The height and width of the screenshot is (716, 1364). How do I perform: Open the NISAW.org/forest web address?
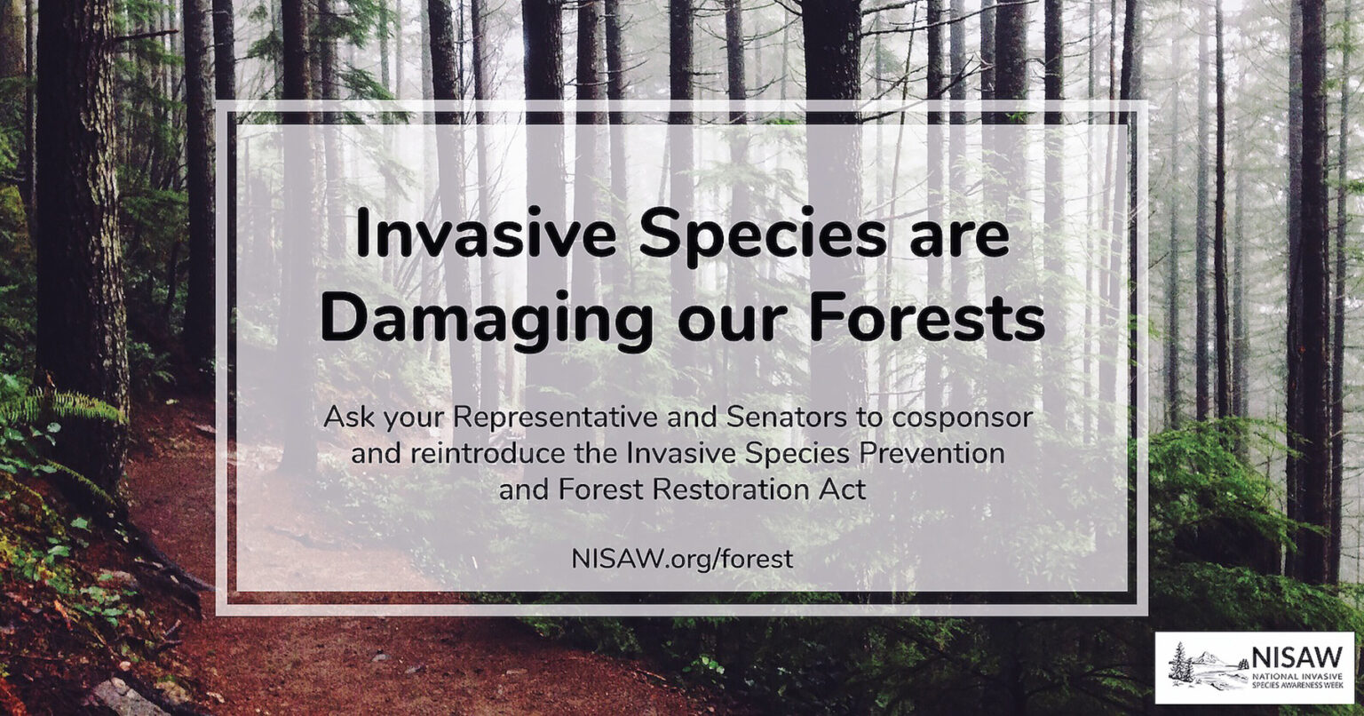[x=683, y=560]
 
